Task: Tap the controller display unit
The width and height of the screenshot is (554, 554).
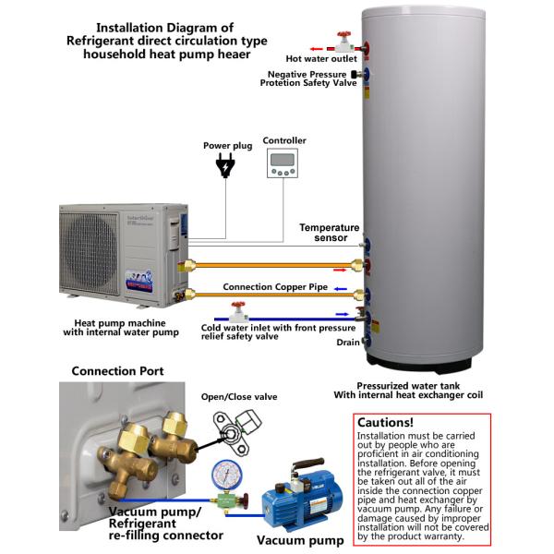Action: tap(283, 164)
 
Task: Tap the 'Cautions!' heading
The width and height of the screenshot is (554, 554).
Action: tap(387, 421)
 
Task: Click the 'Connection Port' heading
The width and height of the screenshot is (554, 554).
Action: tap(118, 371)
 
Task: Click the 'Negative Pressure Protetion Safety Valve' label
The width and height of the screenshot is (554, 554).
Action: tap(307, 78)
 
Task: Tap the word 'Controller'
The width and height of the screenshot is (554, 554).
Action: tap(284, 140)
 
